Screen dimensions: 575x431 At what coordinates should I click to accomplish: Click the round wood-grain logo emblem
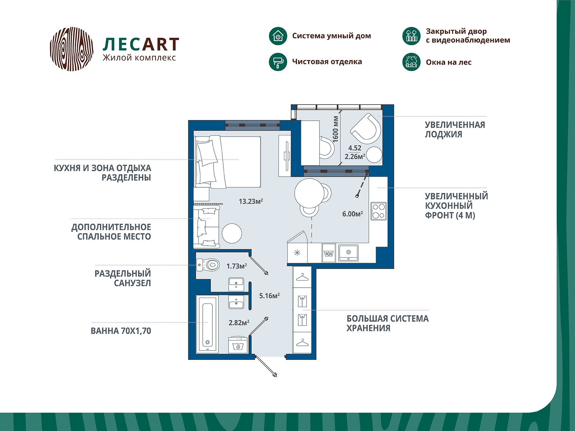point(72,49)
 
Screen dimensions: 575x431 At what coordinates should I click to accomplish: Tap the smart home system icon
point(278,36)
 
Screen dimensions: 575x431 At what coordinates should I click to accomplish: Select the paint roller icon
point(278,62)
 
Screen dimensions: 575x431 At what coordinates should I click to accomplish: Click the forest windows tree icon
point(411,62)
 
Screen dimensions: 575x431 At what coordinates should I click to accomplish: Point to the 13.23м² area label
point(251,201)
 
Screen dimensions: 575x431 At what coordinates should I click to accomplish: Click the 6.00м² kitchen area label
point(352,214)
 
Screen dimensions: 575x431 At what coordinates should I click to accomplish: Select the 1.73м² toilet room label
point(236,266)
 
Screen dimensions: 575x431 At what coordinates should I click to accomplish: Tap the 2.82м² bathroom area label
point(239,323)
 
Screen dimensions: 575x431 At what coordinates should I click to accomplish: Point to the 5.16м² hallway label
point(269,296)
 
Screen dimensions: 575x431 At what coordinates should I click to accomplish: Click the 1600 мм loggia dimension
point(335,129)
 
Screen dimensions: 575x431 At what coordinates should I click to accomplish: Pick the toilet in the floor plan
point(208,265)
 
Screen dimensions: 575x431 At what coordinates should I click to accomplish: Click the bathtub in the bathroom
point(207,324)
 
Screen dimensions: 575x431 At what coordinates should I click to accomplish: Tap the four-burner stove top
point(378,211)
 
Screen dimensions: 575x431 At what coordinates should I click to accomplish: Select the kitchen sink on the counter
point(348,253)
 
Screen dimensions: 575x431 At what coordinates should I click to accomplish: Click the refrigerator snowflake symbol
point(297,253)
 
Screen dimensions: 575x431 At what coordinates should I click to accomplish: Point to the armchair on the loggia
point(365,129)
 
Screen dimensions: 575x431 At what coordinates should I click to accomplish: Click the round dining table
point(309,193)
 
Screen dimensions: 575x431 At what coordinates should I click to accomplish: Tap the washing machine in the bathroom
point(238,345)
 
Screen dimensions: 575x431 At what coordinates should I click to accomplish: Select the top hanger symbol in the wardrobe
point(302,277)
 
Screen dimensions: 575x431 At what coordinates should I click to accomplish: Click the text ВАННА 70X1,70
point(121,331)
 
